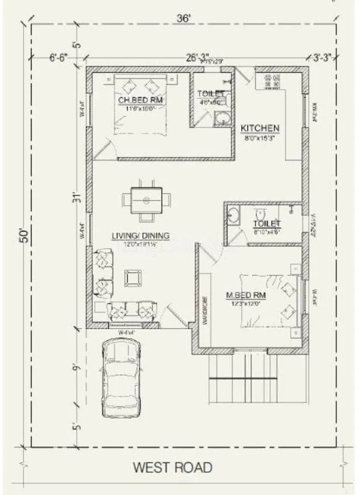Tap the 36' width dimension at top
point(183,18)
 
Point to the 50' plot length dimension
point(23,236)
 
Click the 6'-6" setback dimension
point(59,59)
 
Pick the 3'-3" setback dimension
point(322,59)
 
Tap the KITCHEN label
point(260,128)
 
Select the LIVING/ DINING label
point(141,236)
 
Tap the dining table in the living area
point(147,200)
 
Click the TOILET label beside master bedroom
point(267,223)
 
